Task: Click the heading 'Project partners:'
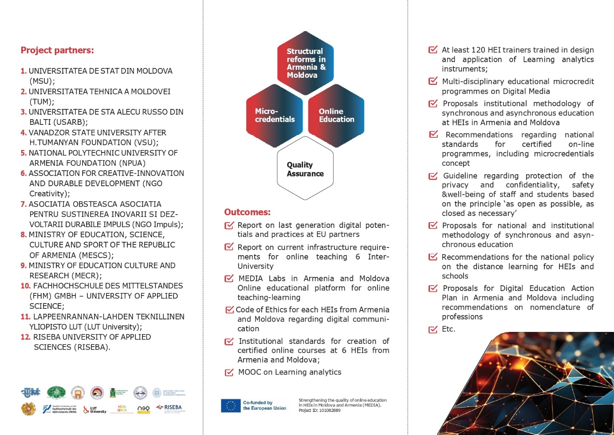[x=57, y=50]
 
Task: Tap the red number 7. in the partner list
[x=24, y=204]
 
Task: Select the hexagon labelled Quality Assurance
[x=305, y=169]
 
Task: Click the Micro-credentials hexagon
[x=275, y=116]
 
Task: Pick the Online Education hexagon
[x=336, y=116]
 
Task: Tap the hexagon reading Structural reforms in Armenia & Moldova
[x=306, y=63]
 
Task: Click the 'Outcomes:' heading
[x=247, y=212]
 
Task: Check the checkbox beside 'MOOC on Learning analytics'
[x=229, y=372]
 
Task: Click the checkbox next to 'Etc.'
[x=433, y=329]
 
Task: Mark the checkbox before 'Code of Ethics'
[x=229, y=310]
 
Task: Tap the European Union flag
[x=231, y=405]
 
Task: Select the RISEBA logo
[x=171, y=408]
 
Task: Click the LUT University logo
[x=95, y=410]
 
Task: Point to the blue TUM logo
[x=30, y=392]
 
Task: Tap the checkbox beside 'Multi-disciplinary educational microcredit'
[x=433, y=81]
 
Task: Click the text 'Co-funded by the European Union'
[x=264, y=405]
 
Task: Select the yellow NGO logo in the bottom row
[x=143, y=409]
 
